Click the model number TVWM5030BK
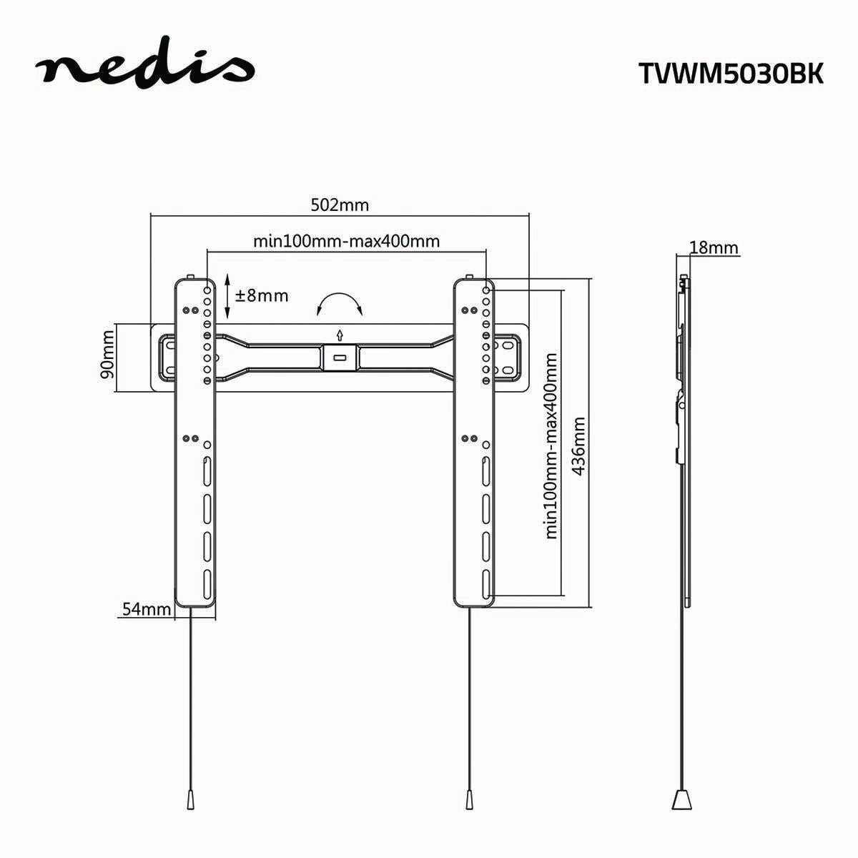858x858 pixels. [x=730, y=74]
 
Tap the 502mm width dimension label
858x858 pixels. [x=340, y=205]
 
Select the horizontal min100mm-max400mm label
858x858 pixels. [x=346, y=241]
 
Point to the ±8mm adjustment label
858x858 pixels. [x=262, y=295]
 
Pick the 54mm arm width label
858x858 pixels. [x=146, y=609]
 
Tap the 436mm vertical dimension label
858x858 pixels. [x=580, y=441]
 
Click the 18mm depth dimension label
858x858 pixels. [x=713, y=247]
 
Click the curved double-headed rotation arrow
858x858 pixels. [x=340, y=303]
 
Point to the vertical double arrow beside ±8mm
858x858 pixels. [x=227, y=295]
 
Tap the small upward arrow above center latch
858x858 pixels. [x=340, y=334]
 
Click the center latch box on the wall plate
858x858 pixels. [x=340, y=357]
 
